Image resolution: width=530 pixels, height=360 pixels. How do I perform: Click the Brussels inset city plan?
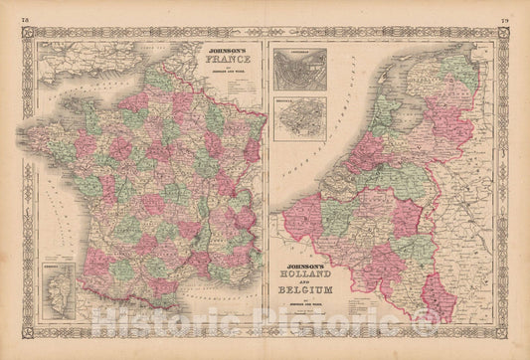click(298, 116)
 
